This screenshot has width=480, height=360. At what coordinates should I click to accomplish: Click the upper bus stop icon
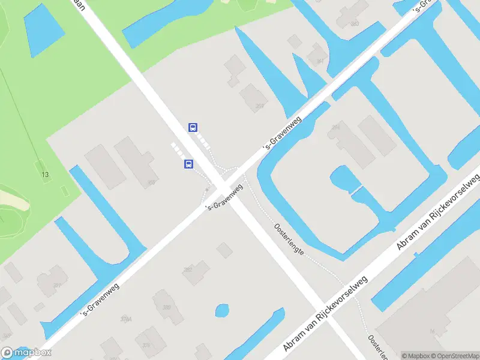point(193,127)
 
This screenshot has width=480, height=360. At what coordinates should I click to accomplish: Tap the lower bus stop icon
point(188,164)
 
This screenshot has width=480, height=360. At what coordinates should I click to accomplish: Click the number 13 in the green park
point(45,175)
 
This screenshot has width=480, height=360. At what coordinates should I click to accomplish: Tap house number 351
point(58,286)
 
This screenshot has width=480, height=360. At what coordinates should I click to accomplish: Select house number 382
point(188,270)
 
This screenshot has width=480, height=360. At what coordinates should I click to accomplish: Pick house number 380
point(166,307)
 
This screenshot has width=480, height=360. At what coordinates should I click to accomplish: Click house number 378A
point(125,319)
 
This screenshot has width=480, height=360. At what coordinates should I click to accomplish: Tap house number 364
point(335,127)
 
